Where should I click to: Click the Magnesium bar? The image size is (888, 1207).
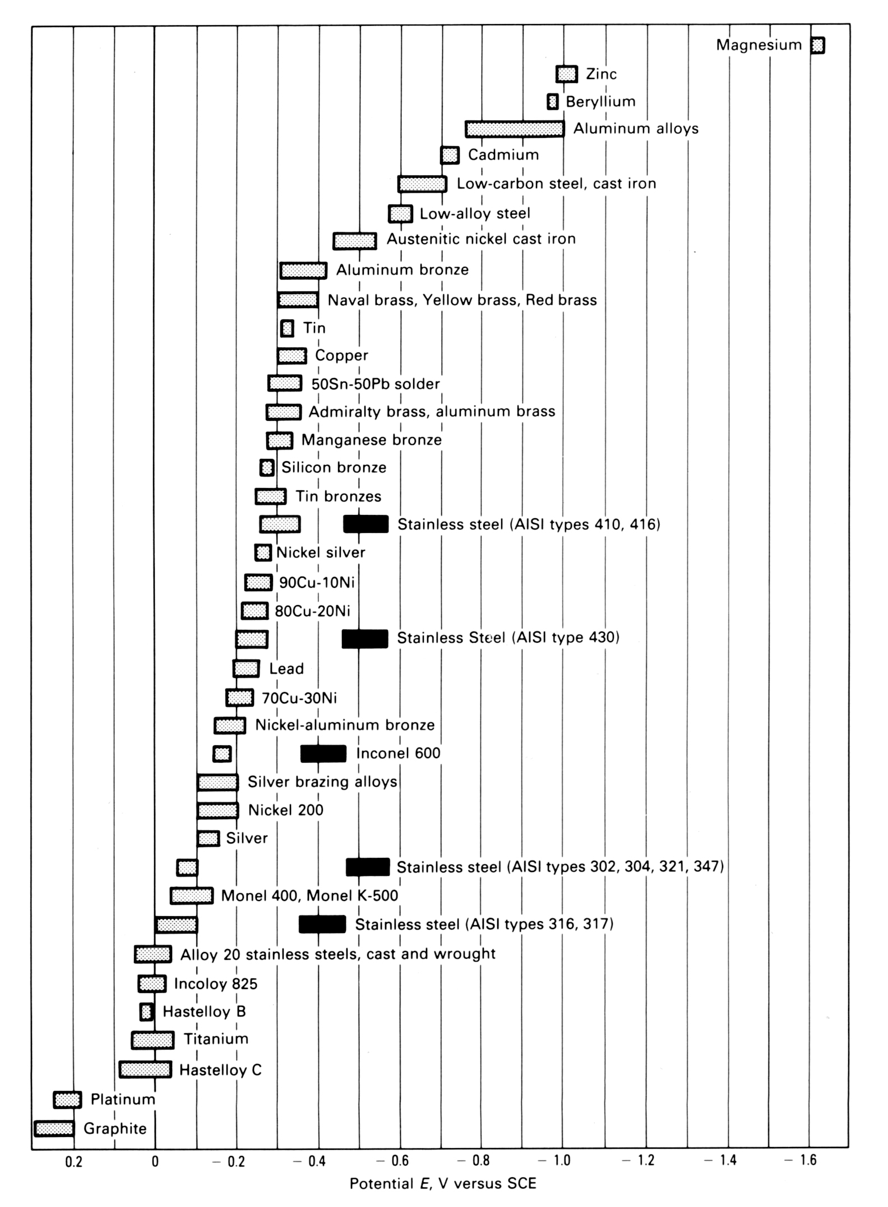click(x=817, y=45)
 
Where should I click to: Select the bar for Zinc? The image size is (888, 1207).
click(x=566, y=74)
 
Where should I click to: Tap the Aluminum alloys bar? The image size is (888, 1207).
click(x=514, y=129)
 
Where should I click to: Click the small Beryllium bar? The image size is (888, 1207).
click(x=553, y=101)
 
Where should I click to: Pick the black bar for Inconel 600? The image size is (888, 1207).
click(x=323, y=754)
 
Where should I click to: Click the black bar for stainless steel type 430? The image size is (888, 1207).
click(x=364, y=639)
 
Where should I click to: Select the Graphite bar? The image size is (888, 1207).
click(x=54, y=1128)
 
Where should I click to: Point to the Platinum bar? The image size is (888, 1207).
click(x=67, y=1099)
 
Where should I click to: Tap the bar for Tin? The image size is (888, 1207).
click(x=287, y=328)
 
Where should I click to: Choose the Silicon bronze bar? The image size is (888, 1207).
click(x=267, y=467)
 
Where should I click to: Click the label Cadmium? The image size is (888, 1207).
click(x=503, y=155)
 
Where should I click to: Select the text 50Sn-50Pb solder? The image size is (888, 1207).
click(x=375, y=384)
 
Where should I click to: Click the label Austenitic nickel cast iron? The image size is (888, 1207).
click(x=481, y=239)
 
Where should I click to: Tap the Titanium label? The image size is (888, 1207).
click(x=216, y=1039)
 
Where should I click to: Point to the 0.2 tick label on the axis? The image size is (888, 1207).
click(x=73, y=1162)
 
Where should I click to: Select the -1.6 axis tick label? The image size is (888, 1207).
click(x=803, y=1160)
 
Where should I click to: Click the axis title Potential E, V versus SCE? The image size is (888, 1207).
click(x=443, y=1183)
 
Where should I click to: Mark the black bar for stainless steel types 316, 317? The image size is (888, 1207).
click(x=322, y=924)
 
